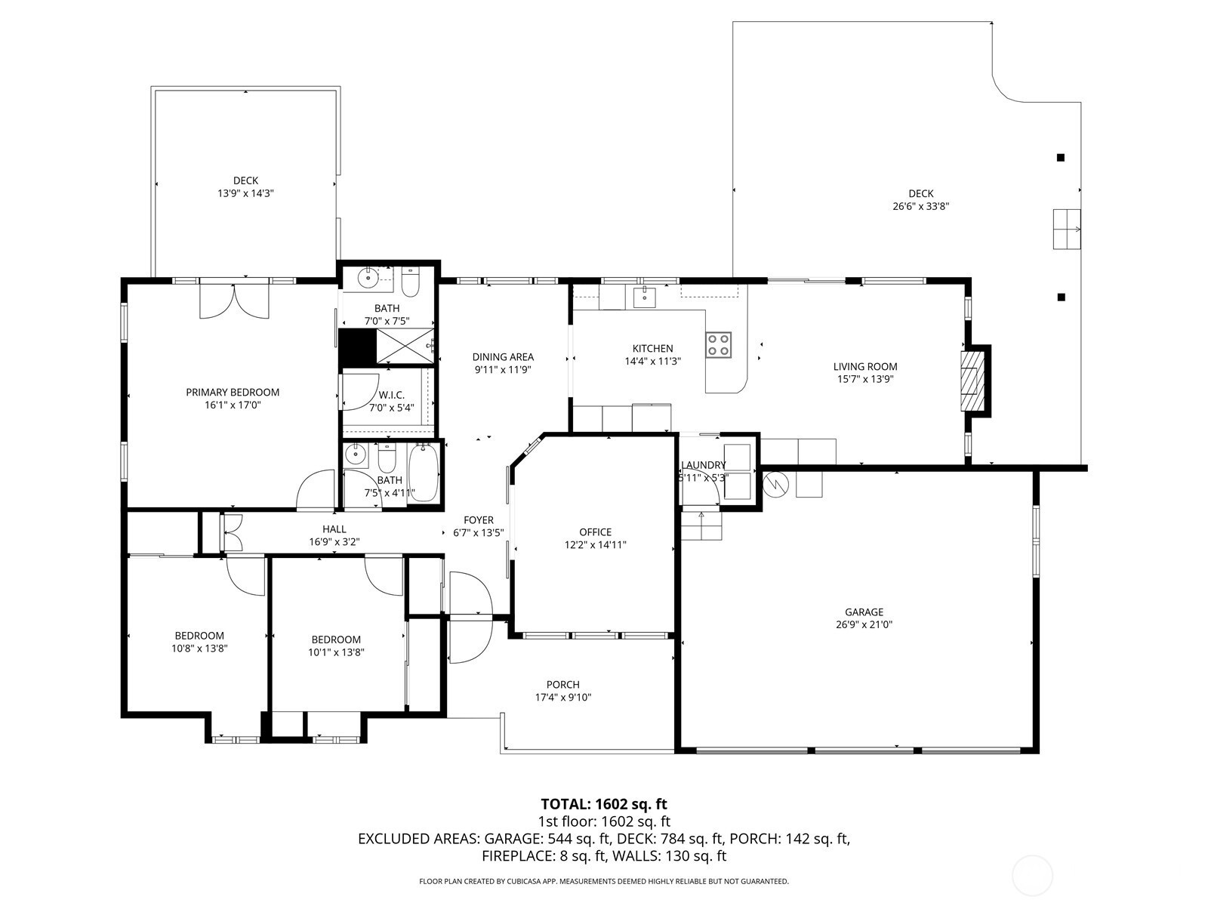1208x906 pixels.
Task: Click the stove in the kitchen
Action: [x=719, y=345]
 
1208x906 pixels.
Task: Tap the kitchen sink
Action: [x=645, y=297]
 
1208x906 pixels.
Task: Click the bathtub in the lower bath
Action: [x=424, y=473]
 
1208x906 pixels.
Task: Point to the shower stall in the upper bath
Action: [x=405, y=346]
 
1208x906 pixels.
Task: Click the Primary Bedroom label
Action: [x=233, y=392]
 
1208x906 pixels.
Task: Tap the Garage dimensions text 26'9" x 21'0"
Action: [x=864, y=624]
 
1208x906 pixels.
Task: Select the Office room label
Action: [x=596, y=532]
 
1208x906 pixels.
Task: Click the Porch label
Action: [x=563, y=684]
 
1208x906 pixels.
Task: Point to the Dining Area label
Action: [x=503, y=357]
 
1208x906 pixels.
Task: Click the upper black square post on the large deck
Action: [x=1061, y=157]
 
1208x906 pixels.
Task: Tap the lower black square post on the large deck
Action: [x=1061, y=297]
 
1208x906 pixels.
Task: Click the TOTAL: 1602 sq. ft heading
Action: [x=604, y=804]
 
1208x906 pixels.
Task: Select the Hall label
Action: [x=334, y=529]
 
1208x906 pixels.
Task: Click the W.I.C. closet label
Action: [x=391, y=395]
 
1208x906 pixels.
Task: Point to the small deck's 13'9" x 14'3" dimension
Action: [x=245, y=193]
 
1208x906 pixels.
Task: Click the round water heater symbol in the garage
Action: [x=776, y=484]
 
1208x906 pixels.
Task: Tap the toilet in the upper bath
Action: [x=411, y=282]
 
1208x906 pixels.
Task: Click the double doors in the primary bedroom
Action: [x=235, y=300]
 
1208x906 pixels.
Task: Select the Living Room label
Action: [x=865, y=366]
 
